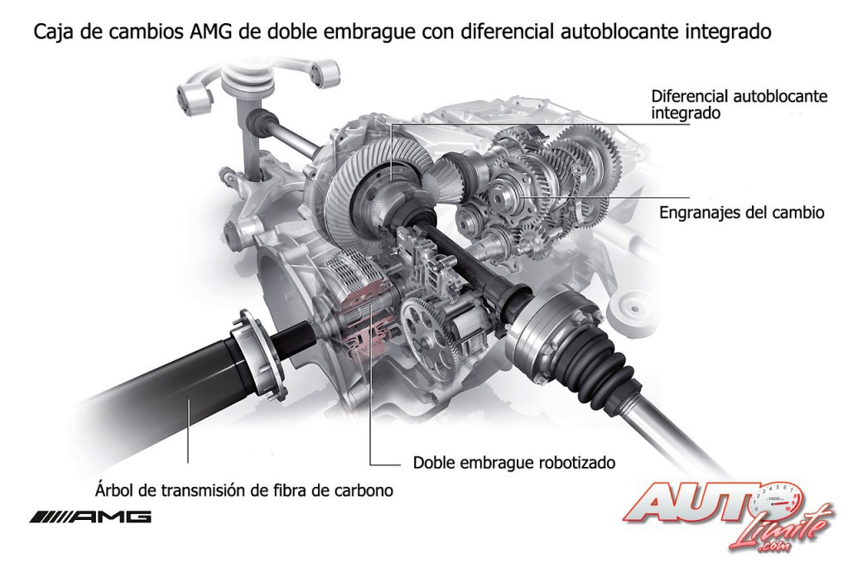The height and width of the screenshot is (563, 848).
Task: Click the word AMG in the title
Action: point(211,31)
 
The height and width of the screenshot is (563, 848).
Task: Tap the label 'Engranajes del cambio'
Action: point(741,212)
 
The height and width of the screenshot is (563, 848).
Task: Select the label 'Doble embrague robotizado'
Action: point(513,463)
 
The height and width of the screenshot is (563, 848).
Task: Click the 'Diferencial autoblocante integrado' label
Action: point(739,104)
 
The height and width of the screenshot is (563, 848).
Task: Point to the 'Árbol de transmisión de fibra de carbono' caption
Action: point(244,490)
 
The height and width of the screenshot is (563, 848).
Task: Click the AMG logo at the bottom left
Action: point(90,517)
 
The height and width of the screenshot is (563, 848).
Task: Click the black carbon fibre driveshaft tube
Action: point(162,378)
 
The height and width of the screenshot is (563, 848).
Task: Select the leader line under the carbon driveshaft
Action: point(188,431)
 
